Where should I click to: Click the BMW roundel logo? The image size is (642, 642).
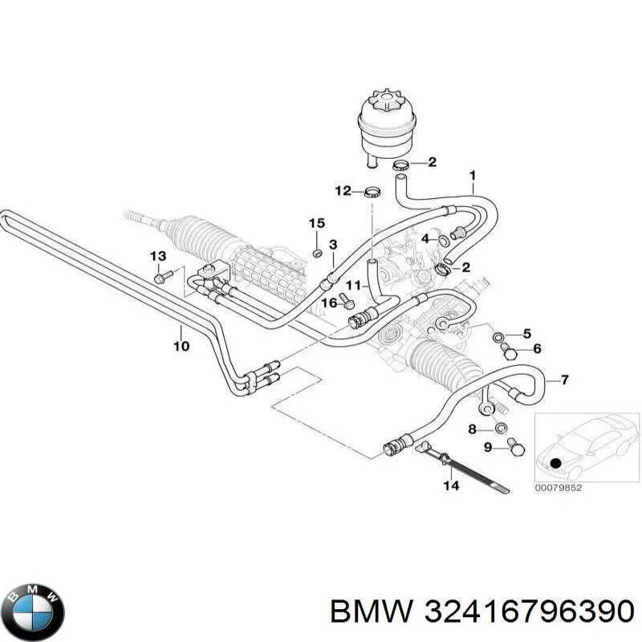[36, 612]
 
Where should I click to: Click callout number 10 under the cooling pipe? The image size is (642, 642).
[181, 346]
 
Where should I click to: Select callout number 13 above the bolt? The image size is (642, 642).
[158, 256]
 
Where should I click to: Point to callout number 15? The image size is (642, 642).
[317, 223]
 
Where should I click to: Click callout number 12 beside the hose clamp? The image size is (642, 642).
[343, 191]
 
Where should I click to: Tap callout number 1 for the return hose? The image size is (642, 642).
[473, 176]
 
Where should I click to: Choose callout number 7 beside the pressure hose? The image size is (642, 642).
[565, 380]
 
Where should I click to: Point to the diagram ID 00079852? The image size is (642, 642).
[558, 488]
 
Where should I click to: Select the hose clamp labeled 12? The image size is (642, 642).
[372, 192]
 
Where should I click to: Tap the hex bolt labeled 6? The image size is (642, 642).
[509, 351]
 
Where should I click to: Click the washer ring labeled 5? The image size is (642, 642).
[498, 337]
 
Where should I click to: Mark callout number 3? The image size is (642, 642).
[333, 245]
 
